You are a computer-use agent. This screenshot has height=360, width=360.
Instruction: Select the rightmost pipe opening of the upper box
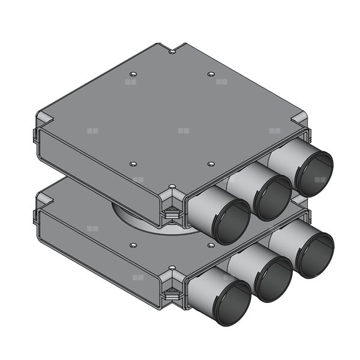pos(314,173)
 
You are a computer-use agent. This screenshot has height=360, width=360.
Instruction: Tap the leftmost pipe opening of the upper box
pos(231,223)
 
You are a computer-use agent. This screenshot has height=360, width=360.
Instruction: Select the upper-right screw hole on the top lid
pos(211,74)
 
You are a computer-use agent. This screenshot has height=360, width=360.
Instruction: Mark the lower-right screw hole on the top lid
pos(211,163)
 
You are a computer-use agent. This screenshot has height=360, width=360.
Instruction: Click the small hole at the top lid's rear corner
pos(172,52)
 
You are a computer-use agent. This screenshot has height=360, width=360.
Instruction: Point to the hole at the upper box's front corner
pos(172,187)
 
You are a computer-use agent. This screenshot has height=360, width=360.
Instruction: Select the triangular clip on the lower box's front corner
pos(172,294)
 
